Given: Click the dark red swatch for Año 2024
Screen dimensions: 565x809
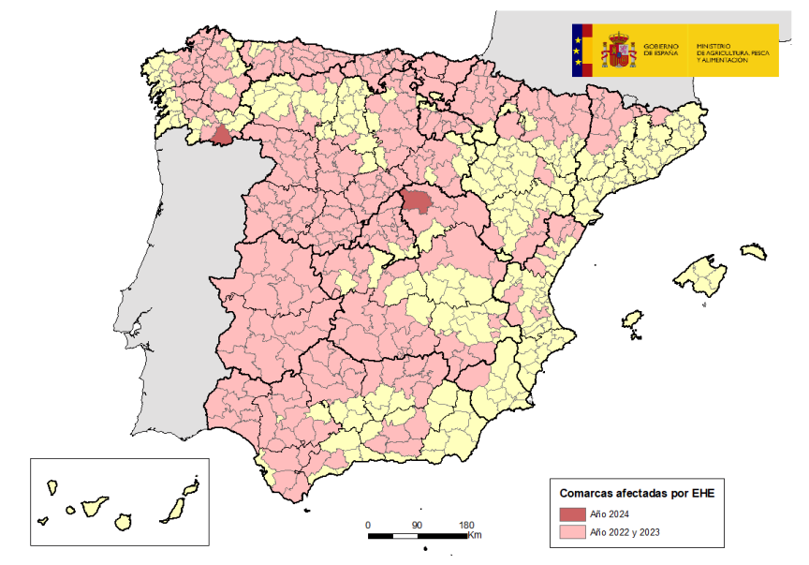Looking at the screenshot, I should tap(572, 513).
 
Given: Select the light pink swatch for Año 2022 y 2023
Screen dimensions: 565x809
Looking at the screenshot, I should tap(572, 532).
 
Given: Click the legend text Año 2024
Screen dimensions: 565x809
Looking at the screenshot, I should tap(610, 513).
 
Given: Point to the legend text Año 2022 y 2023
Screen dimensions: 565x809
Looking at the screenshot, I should tap(626, 532).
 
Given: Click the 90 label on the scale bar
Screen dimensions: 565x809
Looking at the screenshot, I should tap(417, 525).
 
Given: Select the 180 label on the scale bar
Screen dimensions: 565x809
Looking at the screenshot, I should tap(466, 525).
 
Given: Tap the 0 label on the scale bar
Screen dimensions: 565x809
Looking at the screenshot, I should tap(368, 525).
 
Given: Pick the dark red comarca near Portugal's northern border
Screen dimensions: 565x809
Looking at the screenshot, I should tap(222, 136).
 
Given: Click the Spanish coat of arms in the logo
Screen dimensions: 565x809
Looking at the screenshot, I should tap(618, 51).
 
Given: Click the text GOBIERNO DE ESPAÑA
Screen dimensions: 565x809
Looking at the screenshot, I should tap(662, 51).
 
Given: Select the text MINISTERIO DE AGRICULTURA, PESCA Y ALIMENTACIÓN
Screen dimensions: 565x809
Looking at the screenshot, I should tap(733, 52).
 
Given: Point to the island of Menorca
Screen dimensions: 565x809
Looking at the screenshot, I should tap(754, 252).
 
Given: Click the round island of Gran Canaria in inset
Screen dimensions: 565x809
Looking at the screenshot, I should tap(122, 521).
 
